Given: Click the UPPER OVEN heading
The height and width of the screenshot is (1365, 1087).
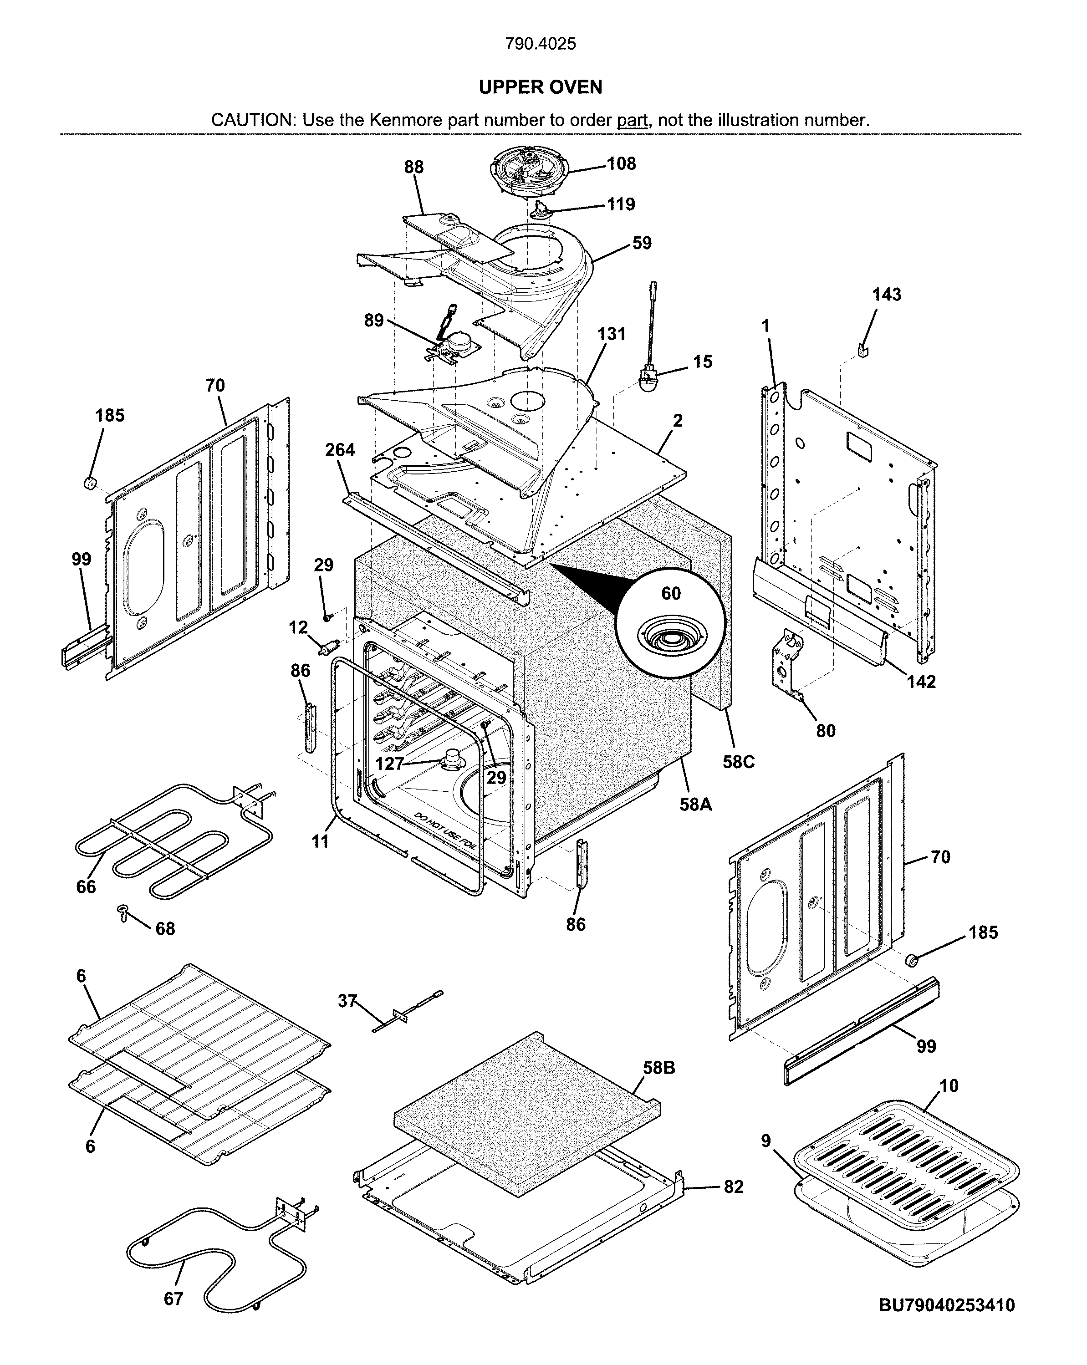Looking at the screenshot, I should click(540, 87).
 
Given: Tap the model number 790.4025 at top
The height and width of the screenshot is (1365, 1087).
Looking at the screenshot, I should click(540, 44).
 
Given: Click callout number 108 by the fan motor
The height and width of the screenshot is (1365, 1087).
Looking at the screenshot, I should click(621, 164).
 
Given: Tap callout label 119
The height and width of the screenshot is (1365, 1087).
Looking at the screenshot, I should click(620, 204).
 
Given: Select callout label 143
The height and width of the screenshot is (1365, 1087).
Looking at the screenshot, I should click(886, 295).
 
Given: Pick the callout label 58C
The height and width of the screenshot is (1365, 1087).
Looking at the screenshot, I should click(738, 762).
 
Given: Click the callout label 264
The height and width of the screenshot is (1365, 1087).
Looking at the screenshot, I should click(340, 450).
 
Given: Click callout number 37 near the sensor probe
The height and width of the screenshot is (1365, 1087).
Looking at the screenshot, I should click(347, 1001).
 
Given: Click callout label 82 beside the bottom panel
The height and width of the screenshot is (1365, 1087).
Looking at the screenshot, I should click(733, 1187).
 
